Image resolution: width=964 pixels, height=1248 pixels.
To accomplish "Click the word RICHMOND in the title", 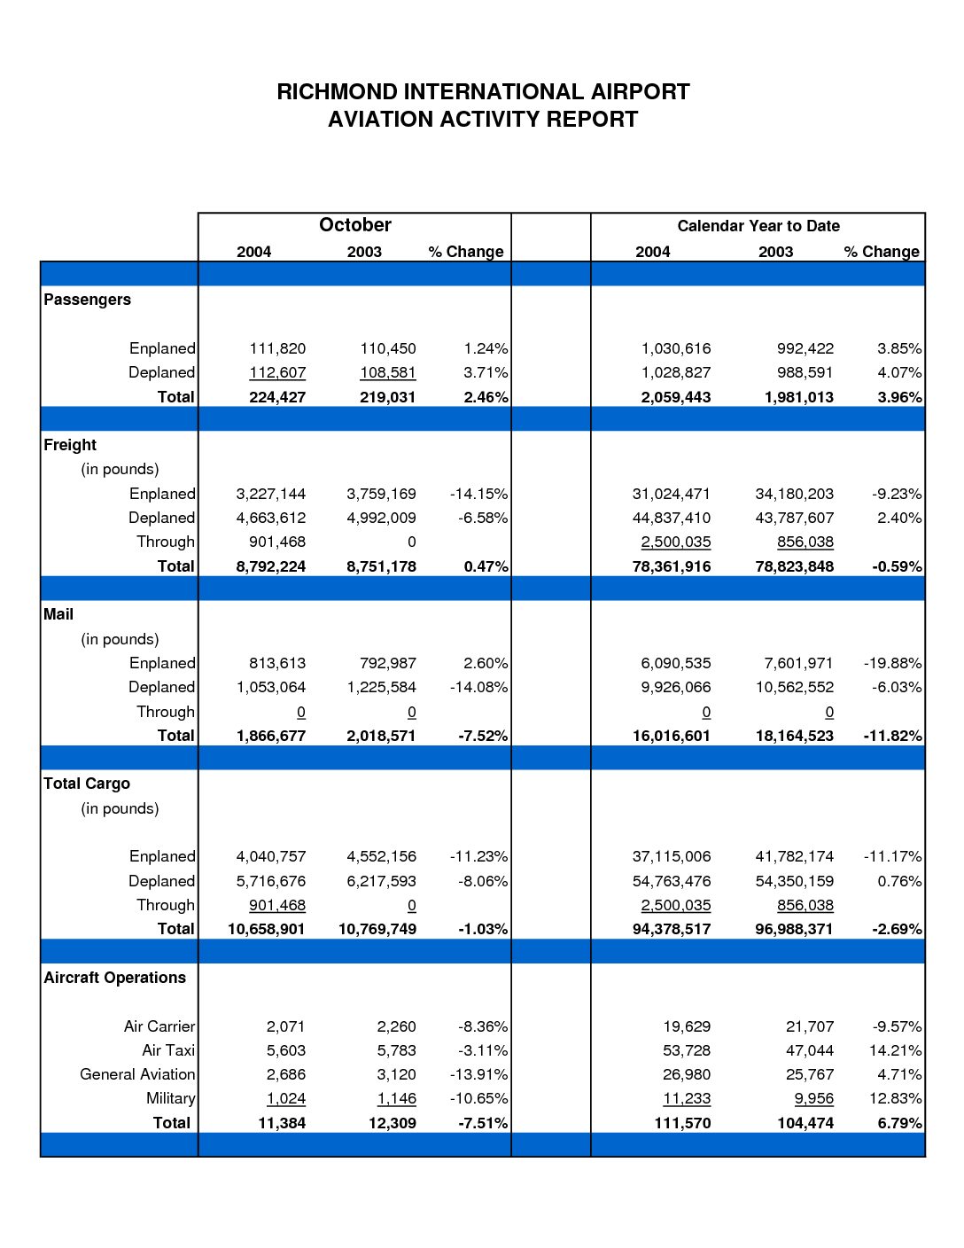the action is (x=337, y=92).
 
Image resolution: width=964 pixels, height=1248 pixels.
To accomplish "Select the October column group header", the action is (x=354, y=224).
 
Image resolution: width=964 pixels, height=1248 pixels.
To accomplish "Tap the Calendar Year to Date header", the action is (x=758, y=226).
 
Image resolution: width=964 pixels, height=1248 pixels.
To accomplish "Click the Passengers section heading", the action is (x=87, y=300).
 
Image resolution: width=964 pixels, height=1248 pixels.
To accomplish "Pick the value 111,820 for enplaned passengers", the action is (x=277, y=348).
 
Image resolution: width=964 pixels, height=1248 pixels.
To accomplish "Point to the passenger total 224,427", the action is (x=277, y=397).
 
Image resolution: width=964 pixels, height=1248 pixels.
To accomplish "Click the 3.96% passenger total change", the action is (x=899, y=397).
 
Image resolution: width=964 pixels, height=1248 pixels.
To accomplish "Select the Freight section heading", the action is (x=70, y=445).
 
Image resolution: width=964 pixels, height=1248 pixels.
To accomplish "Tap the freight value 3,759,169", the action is (x=381, y=494).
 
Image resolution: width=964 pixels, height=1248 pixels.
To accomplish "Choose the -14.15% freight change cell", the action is (x=478, y=494).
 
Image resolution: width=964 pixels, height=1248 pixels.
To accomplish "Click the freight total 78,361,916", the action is (x=672, y=566).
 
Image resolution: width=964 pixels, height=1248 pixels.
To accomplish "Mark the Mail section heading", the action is (x=58, y=614).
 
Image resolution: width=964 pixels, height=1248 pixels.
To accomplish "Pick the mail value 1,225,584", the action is (x=381, y=687).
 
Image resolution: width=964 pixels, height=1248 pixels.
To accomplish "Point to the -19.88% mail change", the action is (x=893, y=663).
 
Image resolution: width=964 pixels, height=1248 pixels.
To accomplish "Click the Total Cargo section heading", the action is (x=87, y=784).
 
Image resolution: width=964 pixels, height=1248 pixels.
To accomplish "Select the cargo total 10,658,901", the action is (x=267, y=929).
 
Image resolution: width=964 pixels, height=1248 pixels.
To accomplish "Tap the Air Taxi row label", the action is (x=168, y=1050).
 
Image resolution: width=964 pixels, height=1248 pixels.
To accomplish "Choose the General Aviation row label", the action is (x=137, y=1074).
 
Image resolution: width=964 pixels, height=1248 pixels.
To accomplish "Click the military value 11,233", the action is (x=687, y=1098).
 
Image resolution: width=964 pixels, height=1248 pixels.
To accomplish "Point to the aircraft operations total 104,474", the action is (x=805, y=1123).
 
